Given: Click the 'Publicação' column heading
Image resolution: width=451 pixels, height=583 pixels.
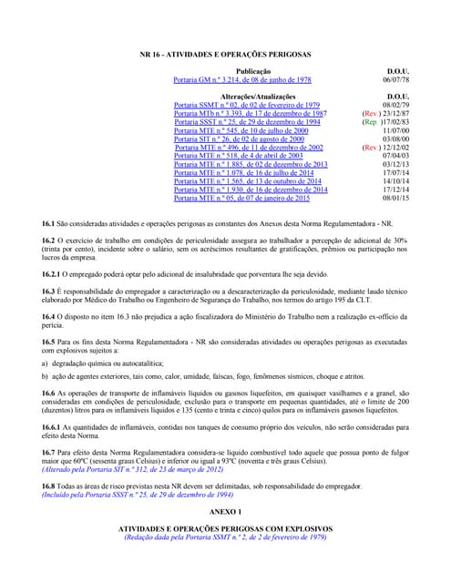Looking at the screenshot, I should coord(253,70).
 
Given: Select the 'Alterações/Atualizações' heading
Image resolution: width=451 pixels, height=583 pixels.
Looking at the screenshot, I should coord(253,96).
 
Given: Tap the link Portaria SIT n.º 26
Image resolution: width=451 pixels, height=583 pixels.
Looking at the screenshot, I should coord(240,138).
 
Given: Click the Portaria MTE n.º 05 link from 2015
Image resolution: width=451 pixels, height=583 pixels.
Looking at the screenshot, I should coord(241,198).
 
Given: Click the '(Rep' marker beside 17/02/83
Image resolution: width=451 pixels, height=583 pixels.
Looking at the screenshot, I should coord(370,122).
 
